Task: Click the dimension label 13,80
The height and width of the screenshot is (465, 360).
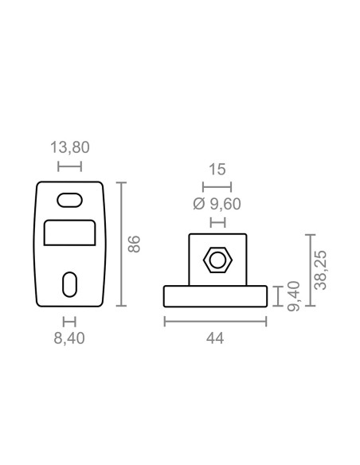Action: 69,147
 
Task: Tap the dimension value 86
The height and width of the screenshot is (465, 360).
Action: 134,244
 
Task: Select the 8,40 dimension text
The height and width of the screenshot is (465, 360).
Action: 69,338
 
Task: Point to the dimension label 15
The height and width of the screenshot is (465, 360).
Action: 217,170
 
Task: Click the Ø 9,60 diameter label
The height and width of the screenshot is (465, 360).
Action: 217,204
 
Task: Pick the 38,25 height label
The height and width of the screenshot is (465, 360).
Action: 320,270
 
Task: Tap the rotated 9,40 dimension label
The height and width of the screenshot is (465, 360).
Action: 294,296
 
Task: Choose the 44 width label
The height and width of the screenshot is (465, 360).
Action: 215,338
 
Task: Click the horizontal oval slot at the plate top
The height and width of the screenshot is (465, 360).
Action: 69,200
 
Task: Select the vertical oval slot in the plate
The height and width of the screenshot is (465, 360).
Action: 69,284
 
